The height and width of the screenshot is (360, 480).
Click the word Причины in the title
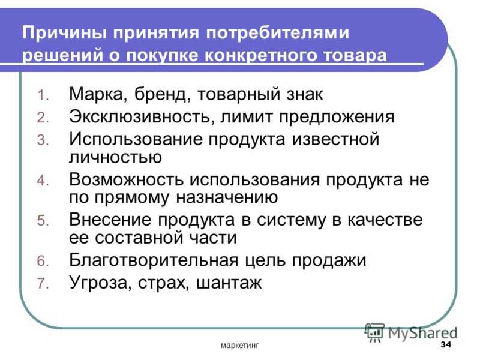point(64,32)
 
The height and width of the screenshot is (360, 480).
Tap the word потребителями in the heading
point(277,32)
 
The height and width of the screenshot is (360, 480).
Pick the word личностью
point(115,157)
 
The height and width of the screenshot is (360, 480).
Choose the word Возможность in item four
point(126,179)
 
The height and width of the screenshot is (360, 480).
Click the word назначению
point(227,197)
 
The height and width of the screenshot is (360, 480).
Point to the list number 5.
point(43,221)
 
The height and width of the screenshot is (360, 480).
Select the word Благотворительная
point(154,260)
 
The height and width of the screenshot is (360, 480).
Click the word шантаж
point(229,283)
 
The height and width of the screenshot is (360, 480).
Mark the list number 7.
point(43,283)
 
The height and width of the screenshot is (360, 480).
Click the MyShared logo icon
point(374,332)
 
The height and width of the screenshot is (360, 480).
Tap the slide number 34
point(446,344)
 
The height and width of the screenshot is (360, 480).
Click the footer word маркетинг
point(239,346)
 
